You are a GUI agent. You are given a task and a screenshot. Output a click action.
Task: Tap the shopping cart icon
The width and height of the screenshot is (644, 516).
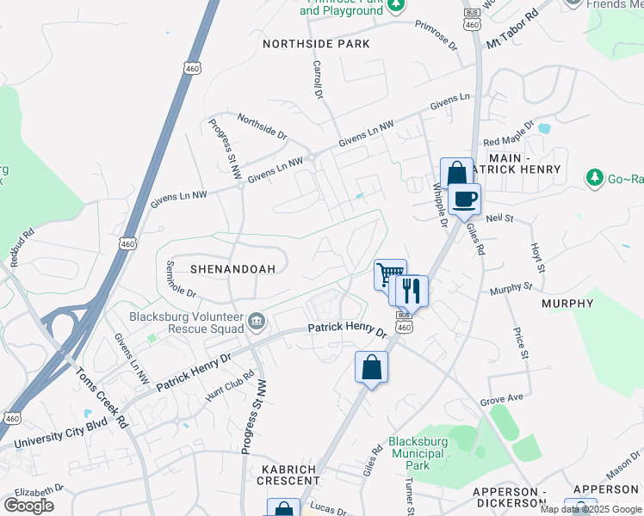[389, 275]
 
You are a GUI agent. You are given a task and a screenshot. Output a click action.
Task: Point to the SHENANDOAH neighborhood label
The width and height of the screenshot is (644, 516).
[232, 269]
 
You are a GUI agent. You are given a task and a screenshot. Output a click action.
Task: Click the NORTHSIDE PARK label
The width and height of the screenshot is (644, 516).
[316, 44]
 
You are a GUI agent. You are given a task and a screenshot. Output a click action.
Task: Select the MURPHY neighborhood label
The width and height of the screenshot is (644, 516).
[567, 304]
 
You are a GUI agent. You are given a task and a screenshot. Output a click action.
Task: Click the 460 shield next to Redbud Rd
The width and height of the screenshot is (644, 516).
[127, 244]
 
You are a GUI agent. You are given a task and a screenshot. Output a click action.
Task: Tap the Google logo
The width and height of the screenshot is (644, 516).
[28, 505]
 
